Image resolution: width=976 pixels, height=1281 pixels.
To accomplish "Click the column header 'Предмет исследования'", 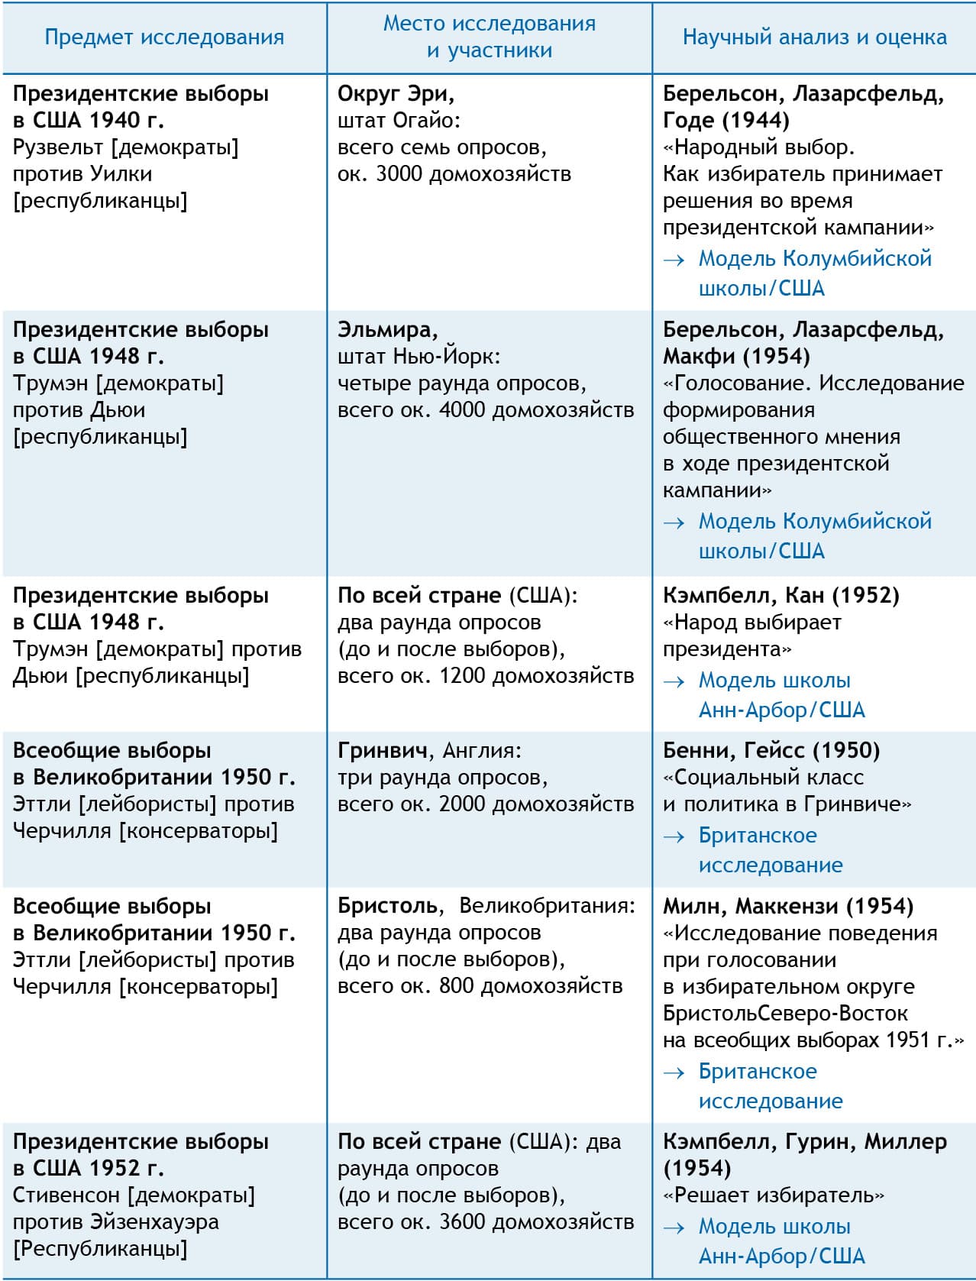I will point(164,37).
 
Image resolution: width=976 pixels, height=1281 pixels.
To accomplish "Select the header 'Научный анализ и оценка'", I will point(814,37).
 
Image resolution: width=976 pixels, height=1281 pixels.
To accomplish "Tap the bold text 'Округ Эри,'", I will point(396,94).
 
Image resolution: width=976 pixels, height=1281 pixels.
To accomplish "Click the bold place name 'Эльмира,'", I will point(388,330).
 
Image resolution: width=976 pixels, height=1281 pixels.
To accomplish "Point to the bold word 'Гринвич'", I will point(382,751).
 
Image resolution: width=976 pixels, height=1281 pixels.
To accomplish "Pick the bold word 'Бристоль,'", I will point(388,907).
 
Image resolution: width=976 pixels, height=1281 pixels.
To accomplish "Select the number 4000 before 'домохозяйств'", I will point(462,410).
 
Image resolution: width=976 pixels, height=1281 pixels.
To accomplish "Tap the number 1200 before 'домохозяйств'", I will point(462,676).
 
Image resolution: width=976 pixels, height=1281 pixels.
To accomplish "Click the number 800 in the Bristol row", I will point(457,986).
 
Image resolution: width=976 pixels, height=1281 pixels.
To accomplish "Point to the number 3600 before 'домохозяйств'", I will point(462,1222).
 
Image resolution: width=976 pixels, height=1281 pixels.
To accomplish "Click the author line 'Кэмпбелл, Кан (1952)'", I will point(780,596).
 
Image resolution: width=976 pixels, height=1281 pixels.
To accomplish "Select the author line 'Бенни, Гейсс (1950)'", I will point(771,751).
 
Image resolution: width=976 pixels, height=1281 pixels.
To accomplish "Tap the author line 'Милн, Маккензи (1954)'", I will point(787,907).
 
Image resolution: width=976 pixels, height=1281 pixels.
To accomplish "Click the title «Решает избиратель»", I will point(773,1195).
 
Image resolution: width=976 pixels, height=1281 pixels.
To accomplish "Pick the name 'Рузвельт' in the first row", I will point(58,147).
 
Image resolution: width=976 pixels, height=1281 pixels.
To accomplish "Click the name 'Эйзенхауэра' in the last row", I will point(154,1222).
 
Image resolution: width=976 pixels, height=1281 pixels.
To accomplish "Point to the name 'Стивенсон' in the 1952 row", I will point(66,1195).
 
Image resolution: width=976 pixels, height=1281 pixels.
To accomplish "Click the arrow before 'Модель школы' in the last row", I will point(674,1228).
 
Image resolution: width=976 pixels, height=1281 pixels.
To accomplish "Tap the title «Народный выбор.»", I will point(758,147).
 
